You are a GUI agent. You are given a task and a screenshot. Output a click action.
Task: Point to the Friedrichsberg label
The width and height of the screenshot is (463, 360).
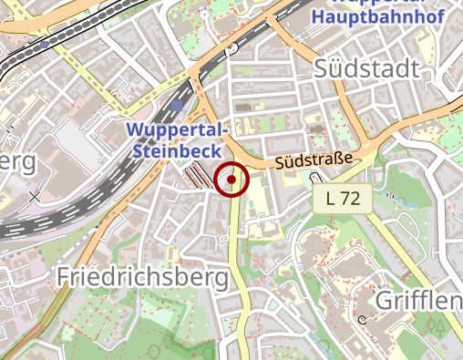144,277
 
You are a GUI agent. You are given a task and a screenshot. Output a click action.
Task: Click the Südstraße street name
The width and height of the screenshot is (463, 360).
313,162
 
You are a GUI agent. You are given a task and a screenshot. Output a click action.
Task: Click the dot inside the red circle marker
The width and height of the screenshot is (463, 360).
232,180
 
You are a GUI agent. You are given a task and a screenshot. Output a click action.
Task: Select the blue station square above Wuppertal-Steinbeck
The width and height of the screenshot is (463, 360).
176,107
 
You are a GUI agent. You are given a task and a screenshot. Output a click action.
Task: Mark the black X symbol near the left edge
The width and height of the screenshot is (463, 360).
35,196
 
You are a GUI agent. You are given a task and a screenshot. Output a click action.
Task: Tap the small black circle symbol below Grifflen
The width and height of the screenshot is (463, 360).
362,319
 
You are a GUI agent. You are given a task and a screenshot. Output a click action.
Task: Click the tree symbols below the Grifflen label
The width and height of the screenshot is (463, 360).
436,324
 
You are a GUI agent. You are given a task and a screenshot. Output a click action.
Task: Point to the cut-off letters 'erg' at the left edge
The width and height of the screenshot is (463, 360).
18,161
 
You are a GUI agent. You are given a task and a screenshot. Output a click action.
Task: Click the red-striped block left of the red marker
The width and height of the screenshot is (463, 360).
199,176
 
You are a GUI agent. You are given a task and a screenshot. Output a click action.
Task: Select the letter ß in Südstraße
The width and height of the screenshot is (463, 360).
334,161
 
